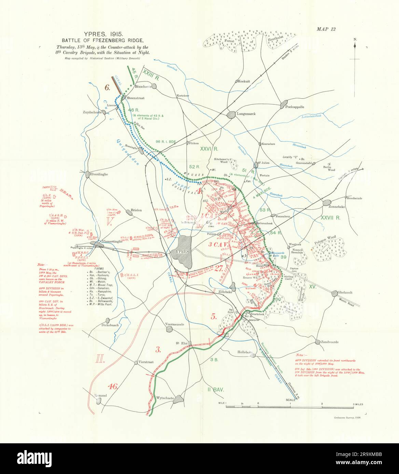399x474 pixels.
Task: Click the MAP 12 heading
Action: tap(326, 29)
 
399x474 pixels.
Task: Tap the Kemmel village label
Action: tap(101, 396)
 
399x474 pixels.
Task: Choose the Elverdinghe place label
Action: tap(99, 174)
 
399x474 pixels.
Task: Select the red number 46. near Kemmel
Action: tap(112, 386)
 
